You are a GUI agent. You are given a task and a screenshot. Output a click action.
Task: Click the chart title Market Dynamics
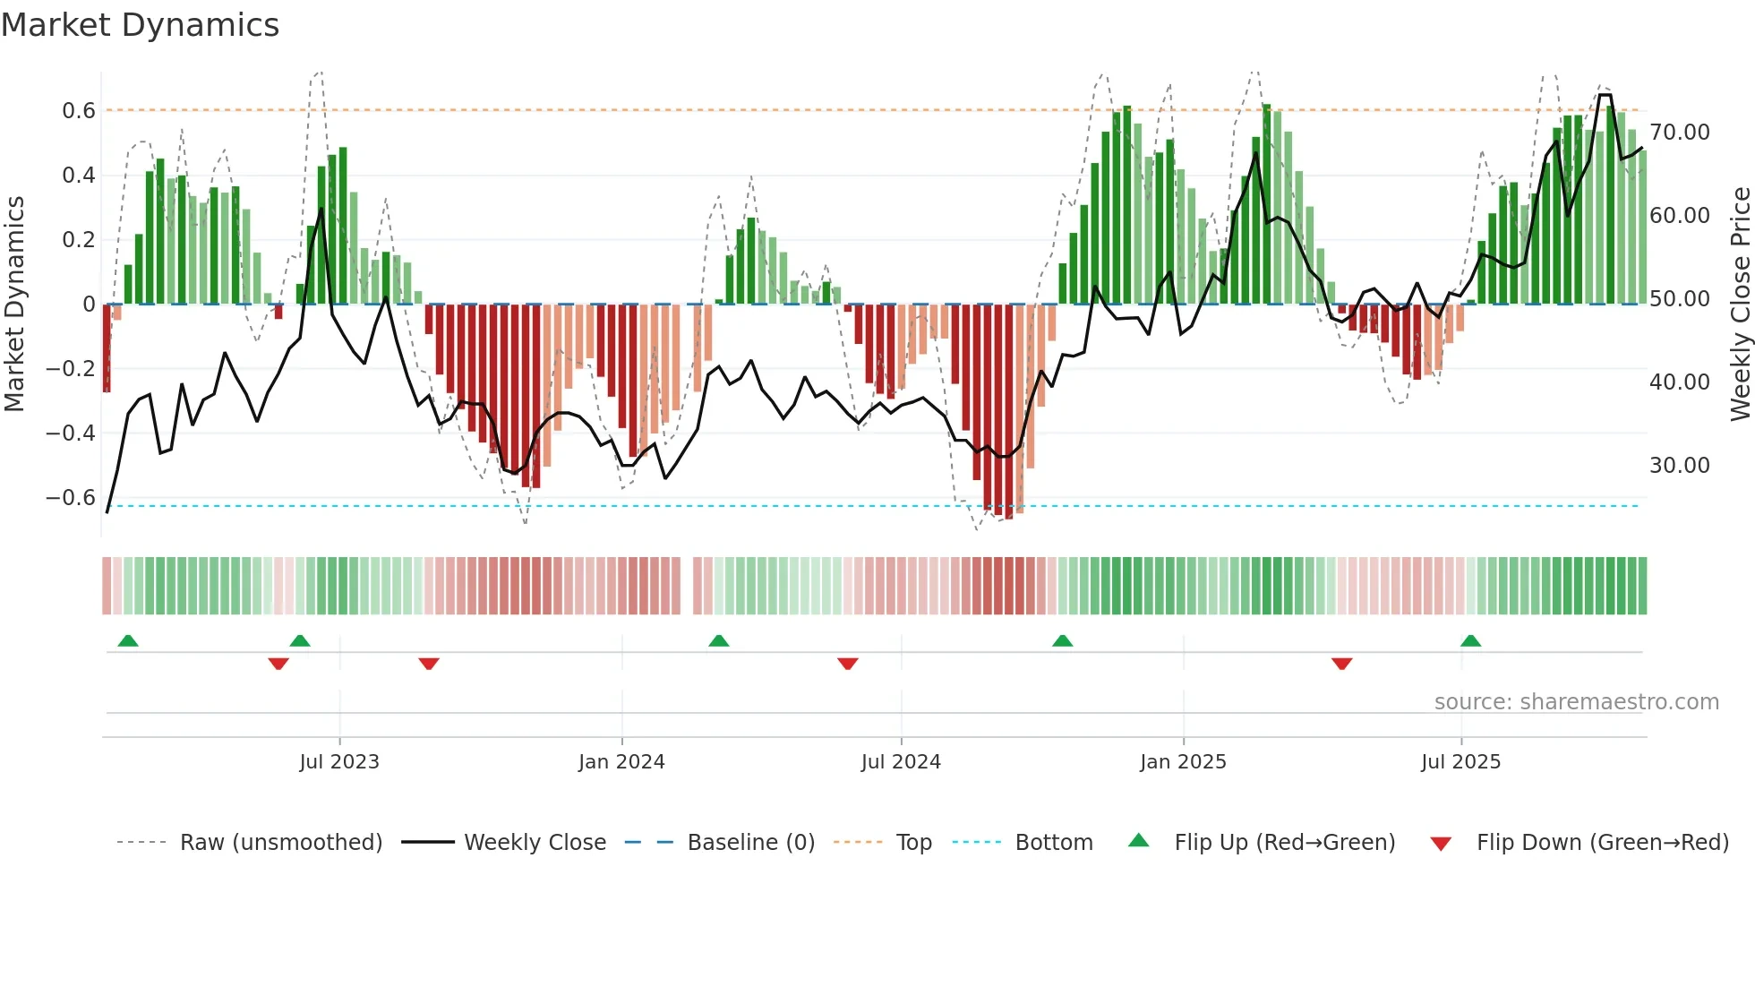[x=140, y=25]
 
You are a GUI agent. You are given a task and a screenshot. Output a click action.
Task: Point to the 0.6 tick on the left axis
[x=78, y=111]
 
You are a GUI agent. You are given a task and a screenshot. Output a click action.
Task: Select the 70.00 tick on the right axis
[x=1680, y=133]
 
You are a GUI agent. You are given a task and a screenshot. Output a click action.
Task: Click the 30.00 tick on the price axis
[x=1680, y=466]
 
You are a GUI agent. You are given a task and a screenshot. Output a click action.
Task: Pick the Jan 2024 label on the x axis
[x=621, y=762]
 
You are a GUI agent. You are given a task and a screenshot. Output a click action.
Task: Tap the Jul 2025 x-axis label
[x=1460, y=762]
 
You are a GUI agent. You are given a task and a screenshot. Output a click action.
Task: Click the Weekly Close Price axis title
[x=1740, y=305]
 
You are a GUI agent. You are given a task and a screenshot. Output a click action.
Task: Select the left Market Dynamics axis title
[x=14, y=305]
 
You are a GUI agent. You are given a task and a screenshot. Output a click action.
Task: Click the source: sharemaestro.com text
[x=1576, y=702]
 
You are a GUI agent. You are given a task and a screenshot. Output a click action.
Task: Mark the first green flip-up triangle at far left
[x=128, y=640]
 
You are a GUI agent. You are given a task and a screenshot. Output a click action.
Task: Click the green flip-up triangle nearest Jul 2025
[x=1470, y=640]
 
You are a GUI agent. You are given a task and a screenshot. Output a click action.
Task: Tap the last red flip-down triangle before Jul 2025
[x=1341, y=664]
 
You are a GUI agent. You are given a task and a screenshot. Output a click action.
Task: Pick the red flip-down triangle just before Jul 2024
[x=848, y=664]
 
